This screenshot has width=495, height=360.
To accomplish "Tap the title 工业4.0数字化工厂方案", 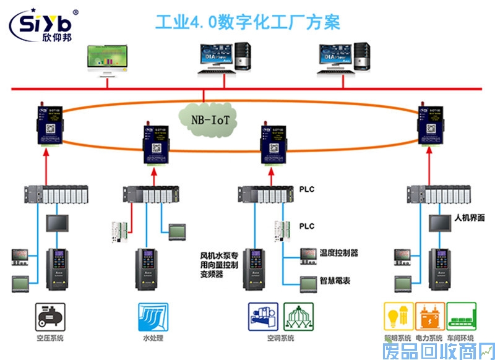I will (247, 23).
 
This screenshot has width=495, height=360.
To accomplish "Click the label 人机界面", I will (469, 218).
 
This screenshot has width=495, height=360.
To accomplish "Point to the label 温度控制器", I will (338, 253).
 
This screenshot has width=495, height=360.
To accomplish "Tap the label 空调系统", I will (280, 338).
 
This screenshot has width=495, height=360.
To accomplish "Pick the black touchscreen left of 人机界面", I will (441, 223).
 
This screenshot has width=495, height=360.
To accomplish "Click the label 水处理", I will (147, 338).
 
